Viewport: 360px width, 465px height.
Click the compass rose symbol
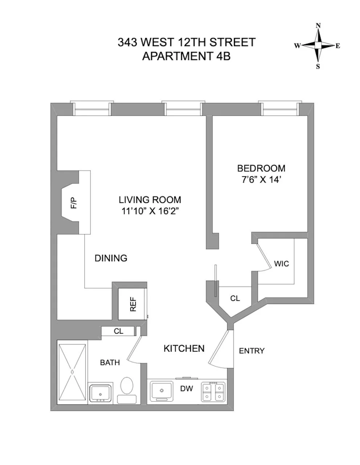click(x=318, y=45)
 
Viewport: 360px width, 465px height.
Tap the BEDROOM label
click(x=261, y=169)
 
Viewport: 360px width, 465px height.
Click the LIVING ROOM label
click(x=150, y=200)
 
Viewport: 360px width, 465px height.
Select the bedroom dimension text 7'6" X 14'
click(x=261, y=180)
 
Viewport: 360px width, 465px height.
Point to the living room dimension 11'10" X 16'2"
click(x=150, y=211)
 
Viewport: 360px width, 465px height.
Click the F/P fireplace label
click(x=74, y=202)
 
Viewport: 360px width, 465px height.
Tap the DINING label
click(x=111, y=258)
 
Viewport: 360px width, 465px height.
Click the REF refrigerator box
click(x=132, y=304)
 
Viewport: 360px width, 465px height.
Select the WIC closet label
click(x=281, y=264)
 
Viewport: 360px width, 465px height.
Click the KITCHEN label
click(x=184, y=349)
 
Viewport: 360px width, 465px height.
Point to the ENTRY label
click(x=251, y=351)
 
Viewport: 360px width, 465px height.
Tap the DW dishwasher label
click(x=187, y=389)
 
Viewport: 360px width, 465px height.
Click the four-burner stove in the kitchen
click(x=213, y=392)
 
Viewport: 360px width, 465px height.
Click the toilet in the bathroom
click(x=127, y=389)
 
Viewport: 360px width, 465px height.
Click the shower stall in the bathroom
click(x=72, y=372)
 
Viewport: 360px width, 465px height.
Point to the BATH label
click(x=110, y=363)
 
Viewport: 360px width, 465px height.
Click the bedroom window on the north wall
click(x=280, y=108)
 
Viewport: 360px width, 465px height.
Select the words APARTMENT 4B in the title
click(x=186, y=56)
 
